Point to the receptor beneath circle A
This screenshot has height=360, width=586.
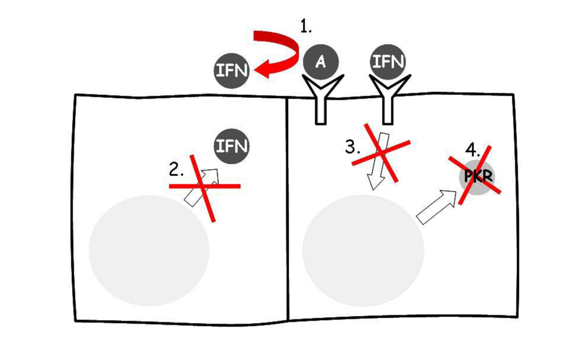(320, 102)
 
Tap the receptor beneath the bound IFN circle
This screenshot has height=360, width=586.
(388, 102)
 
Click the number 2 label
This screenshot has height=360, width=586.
(176, 170)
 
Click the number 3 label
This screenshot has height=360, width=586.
(352, 147)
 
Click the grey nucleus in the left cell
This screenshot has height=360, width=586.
(149, 250)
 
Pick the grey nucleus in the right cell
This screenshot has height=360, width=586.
(363, 250)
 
